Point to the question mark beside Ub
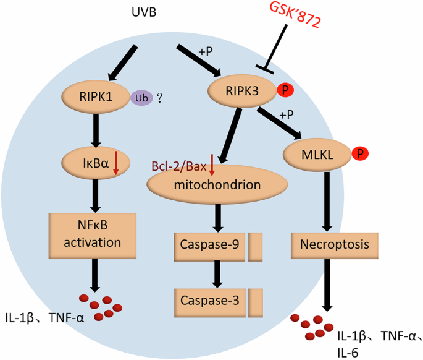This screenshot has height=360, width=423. click(159, 96)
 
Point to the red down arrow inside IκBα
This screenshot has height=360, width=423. click(116, 165)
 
